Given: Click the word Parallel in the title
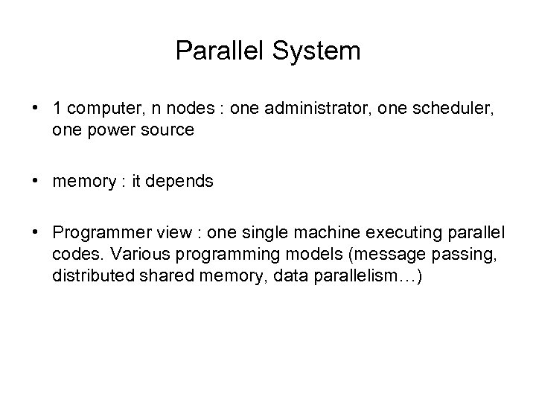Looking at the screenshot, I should click(x=217, y=51).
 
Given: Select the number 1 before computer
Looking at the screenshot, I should click(x=57, y=108).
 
